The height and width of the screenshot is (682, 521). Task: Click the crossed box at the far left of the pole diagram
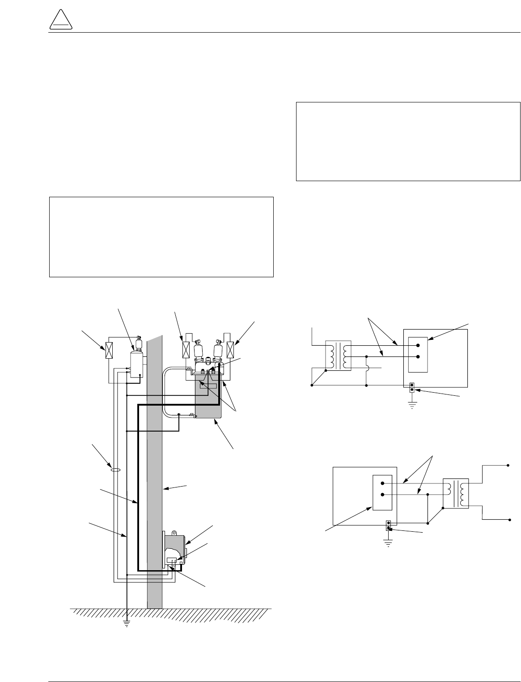click(x=108, y=350)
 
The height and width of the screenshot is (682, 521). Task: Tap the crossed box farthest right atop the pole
click(x=231, y=349)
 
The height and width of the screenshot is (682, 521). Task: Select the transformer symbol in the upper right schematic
click(x=339, y=356)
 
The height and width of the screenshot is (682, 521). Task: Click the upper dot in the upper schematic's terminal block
click(x=418, y=345)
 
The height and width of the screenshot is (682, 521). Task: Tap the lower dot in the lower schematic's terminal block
click(x=382, y=495)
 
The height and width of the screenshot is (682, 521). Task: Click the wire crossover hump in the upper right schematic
click(x=366, y=369)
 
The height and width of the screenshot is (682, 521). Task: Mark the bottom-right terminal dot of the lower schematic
click(x=509, y=520)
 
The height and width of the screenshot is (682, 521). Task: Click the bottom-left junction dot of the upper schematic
click(x=312, y=385)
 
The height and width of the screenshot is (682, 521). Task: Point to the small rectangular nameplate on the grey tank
click(x=208, y=385)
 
